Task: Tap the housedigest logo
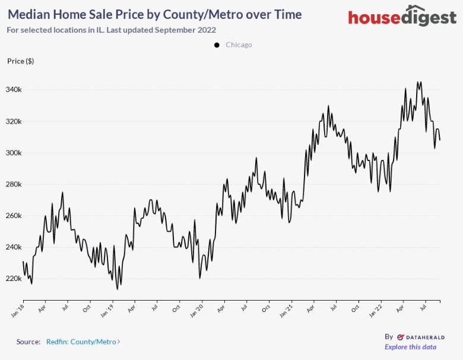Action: click(402, 17)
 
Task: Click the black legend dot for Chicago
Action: click(217, 45)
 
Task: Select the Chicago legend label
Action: click(239, 45)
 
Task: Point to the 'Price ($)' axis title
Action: click(20, 61)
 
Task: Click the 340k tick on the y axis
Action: click(14, 90)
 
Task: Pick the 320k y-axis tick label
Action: click(14, 121)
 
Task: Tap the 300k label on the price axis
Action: click(14, 153)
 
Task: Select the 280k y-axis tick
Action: click(14, 184)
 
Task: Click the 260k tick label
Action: click(14, 216)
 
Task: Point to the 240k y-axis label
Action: click(14, 247)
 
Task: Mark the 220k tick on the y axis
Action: click(14, 279)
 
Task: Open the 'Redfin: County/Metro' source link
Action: click(83, 342)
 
